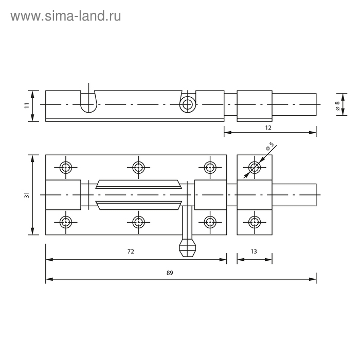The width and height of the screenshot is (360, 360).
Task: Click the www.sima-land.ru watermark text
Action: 66,16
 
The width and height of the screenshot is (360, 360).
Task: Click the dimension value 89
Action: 170,274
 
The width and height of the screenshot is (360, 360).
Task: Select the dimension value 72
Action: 131,251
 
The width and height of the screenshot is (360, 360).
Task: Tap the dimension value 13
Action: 254,251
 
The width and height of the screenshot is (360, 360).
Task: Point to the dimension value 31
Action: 27,194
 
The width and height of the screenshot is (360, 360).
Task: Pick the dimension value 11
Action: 26,105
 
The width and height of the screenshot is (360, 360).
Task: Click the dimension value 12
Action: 268,127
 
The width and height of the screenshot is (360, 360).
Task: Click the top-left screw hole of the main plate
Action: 66,167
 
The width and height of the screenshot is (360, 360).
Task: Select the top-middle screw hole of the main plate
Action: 138,167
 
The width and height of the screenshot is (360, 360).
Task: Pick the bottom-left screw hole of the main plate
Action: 66,222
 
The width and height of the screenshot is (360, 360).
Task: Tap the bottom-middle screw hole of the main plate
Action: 138,222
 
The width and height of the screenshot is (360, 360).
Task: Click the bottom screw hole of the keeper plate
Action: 254,222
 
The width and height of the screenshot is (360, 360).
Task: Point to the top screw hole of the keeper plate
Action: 254,167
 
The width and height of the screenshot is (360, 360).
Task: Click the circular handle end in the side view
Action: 188,104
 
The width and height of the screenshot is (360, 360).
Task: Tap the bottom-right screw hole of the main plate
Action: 209,222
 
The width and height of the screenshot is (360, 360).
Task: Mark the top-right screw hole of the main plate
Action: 209,167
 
